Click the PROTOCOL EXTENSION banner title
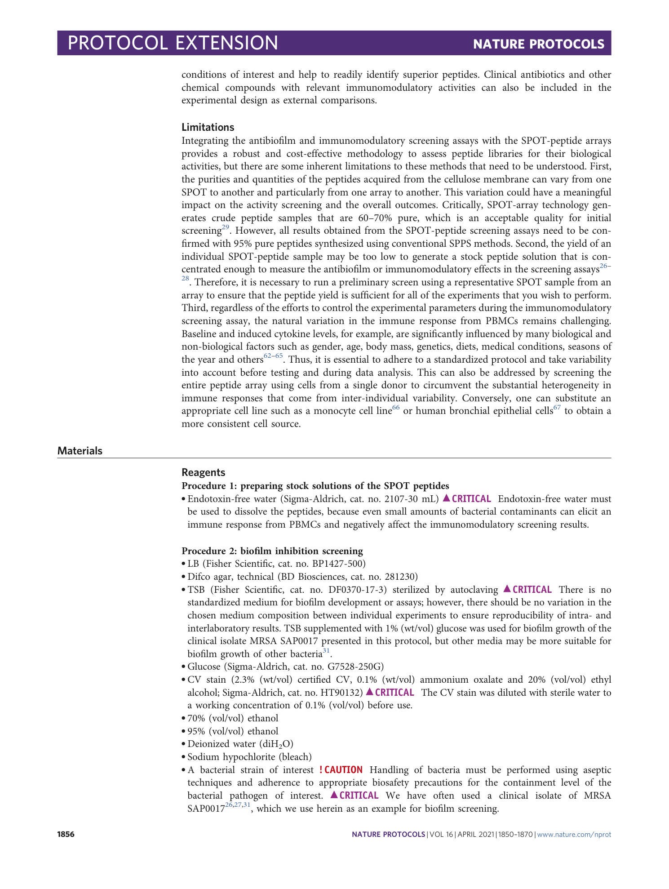pyautogui.click(x=173, y=43)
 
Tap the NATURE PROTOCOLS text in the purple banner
pyautogui.click(x=538, y=44)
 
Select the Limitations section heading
pyautogui.click(x=208, y=127)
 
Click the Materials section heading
pyautogui.click(x=80, y=451)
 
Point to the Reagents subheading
pyautogui.click(x=203, y=472)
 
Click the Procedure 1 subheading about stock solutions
pyautogui.click(x=315, y=486)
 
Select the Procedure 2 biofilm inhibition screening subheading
pyautogui.click(x=272, y=551)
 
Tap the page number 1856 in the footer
pyautogui.click(x=66, y=835)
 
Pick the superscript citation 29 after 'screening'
pyautogui.click(x=225, y=228)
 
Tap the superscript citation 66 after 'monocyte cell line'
pyautogui.click(x=395, y=408)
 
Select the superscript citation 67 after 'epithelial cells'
pyautogui.click(x=557, y=408)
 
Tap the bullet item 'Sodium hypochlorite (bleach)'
pyautogui.click(x=249, y=757)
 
